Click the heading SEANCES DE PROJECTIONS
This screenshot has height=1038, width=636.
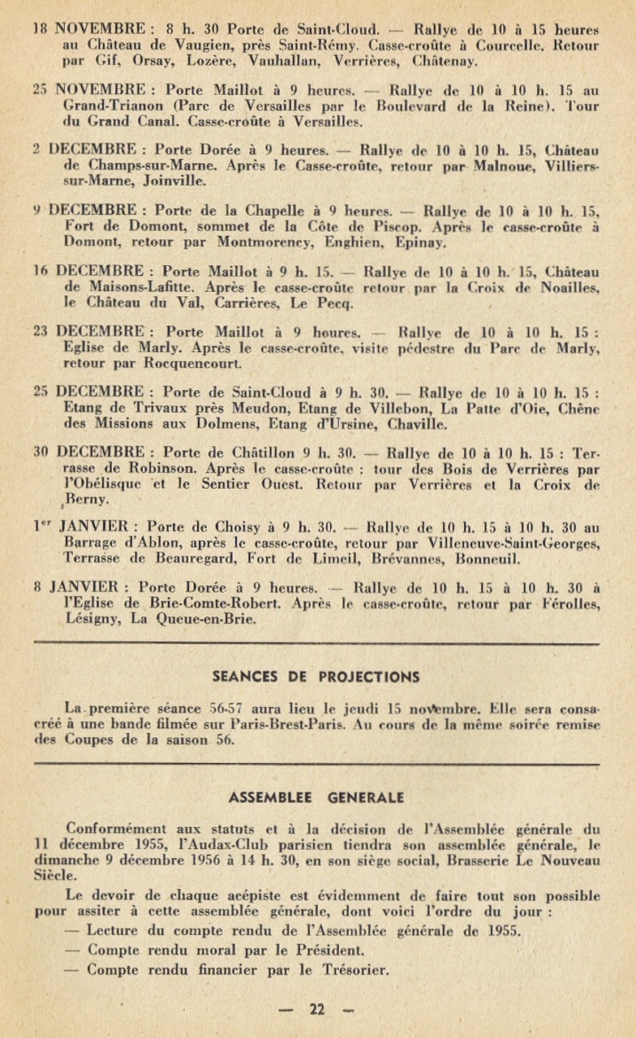(x=316, y=676)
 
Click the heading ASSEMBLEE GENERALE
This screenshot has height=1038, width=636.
(x=316, y=797)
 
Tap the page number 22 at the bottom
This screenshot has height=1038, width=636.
(x=316, y=1009)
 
